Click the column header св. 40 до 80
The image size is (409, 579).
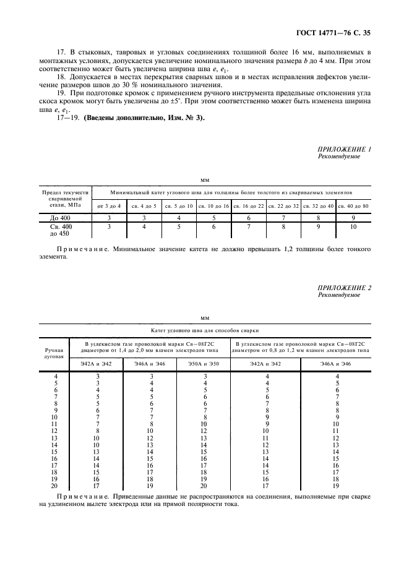353,205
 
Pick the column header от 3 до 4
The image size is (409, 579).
110,205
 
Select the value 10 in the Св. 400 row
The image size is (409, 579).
353,227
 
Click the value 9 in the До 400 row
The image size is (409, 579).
353,218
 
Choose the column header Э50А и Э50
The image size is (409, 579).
196,364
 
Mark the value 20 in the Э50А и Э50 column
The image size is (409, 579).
196,486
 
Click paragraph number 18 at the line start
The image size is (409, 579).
61,77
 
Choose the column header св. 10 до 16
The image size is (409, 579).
213,205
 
